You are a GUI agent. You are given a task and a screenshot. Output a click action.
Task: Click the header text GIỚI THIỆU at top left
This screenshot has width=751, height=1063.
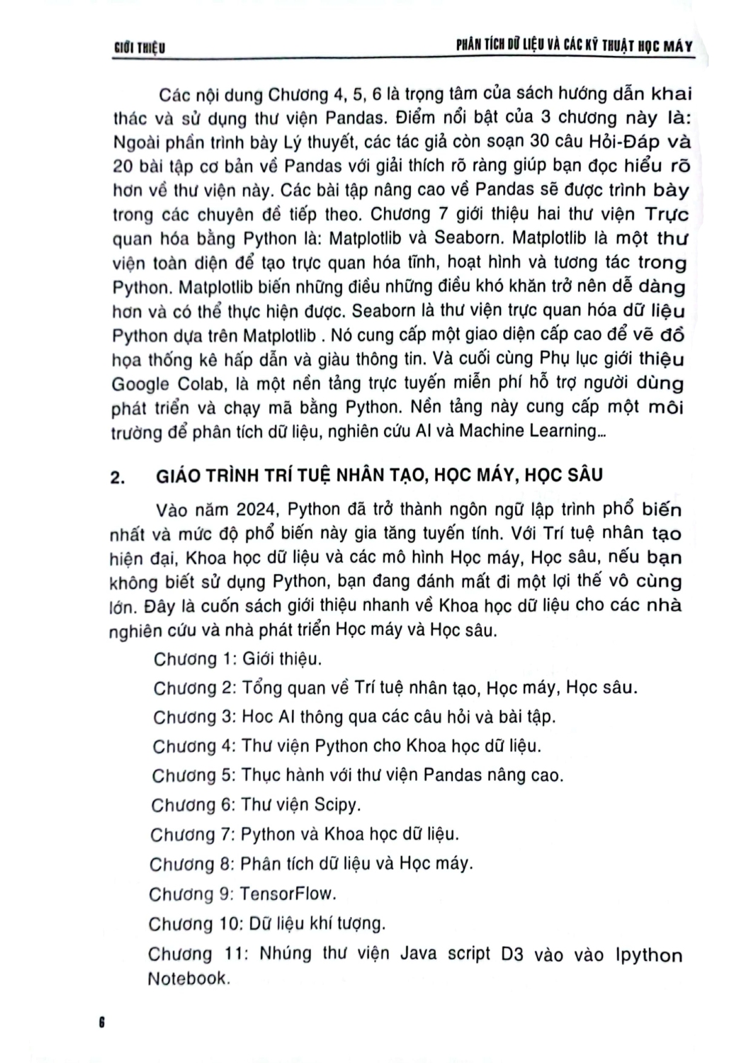coord(139,48)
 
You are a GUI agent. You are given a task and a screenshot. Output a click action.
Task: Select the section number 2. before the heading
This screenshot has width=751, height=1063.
coord(119,477)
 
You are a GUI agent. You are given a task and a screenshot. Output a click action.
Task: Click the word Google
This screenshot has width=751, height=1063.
coord(140,384)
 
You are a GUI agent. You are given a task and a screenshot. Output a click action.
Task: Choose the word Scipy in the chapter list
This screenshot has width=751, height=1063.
coord(337,804)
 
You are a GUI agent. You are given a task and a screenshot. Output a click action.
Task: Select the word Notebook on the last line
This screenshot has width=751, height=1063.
coord(188,979)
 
